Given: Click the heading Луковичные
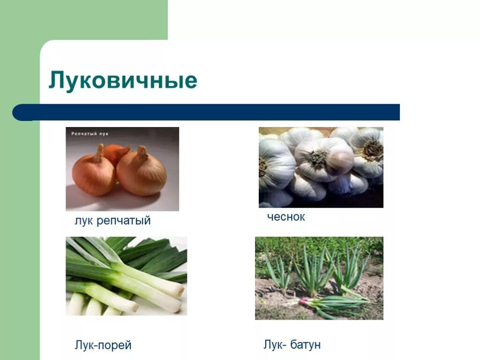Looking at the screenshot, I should [123, 81].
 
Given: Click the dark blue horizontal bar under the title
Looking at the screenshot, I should [211, 112].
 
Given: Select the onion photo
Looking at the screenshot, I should [122, 169].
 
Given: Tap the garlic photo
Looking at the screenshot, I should [321, 167].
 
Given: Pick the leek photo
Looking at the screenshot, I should [126, 276].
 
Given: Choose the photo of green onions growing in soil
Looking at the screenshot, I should [319, 278].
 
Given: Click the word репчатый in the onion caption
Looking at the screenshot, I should [124, 221].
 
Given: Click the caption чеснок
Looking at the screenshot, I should [286, 217].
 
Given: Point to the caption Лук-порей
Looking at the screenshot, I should [103, 345].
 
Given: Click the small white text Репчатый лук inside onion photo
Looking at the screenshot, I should [90, 134].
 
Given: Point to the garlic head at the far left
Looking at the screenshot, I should [274, 164].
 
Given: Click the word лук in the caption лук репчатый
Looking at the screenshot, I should [84, 221].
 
